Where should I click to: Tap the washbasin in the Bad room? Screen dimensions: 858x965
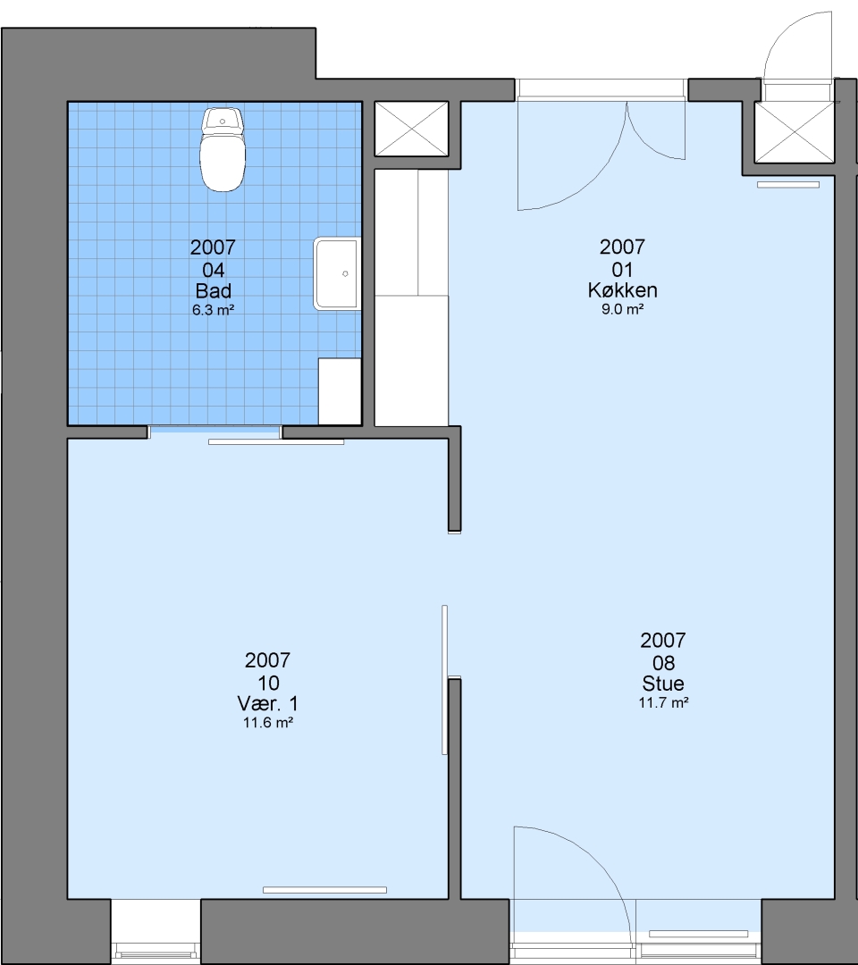pos(337,273)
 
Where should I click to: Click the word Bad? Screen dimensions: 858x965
pos(213,290)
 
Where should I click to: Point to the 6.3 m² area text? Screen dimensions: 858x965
pos(213,309)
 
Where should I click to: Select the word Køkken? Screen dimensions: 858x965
pos(622,289)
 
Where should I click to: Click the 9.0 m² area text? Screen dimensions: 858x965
pos(622,309)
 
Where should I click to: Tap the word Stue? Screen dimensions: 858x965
pos(663,684)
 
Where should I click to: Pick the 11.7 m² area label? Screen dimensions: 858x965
pos(663,703)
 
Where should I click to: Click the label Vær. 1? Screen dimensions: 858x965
pos(268,703)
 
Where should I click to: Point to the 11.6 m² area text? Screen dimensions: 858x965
pos(268,723)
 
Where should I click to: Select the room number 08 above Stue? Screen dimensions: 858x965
pos(663,663)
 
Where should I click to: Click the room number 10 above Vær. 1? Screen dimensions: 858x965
pos(268,683)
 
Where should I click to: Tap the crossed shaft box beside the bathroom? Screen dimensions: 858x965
pos(412,129)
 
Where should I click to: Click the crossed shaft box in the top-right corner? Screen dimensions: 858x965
pos(794,131)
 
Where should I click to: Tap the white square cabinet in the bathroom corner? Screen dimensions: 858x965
pos(339,391)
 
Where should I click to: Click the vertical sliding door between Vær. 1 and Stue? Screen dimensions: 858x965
pos(444,679)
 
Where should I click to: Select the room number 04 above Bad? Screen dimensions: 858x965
pos(213,270)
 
